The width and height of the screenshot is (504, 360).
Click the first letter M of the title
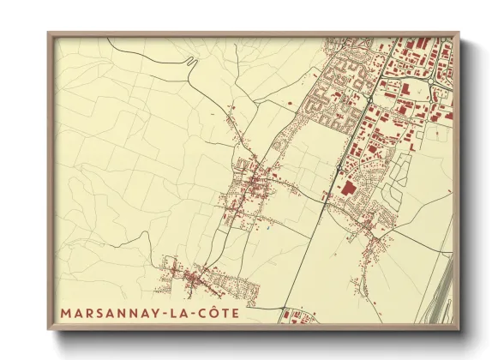pyautogui.click(x=65, y=313)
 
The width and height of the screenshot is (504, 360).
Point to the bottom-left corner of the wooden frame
pyautogui.click(x=49, y=329)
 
